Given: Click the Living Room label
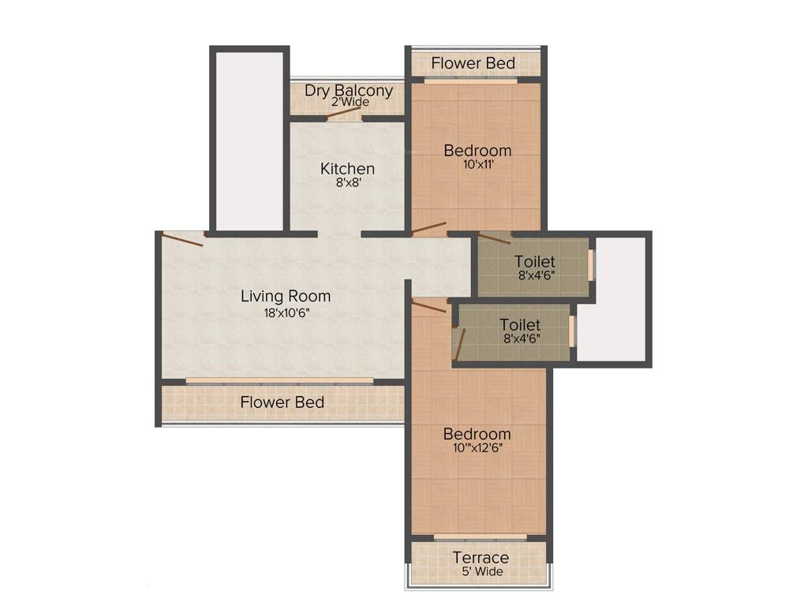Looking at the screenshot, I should click(285, 297).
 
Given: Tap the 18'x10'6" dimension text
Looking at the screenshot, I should click(285, 312).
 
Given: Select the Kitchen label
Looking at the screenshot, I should click(347, 168).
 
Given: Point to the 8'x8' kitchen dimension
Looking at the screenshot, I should click(347, 182).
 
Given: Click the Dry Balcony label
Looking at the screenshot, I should click(348, 90).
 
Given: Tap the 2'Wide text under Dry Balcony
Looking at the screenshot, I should click(350, 103).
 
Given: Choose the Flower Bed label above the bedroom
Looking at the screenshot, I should click(473, 63).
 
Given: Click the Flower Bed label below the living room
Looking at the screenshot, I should click(282, 402).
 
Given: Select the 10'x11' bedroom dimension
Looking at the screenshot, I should click(477, 165).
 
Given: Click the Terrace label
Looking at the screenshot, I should click(480, 558).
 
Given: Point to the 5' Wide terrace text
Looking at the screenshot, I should click(480, 571).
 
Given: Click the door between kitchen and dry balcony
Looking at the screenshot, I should click(344, 112).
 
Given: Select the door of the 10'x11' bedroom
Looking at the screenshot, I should click(429, 230).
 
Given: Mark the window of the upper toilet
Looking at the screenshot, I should click(591, 266).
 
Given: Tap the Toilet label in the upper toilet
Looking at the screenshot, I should click(534, 261).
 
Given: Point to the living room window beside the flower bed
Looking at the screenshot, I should click(280, 380).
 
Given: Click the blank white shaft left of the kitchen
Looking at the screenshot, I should click(245, 138).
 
